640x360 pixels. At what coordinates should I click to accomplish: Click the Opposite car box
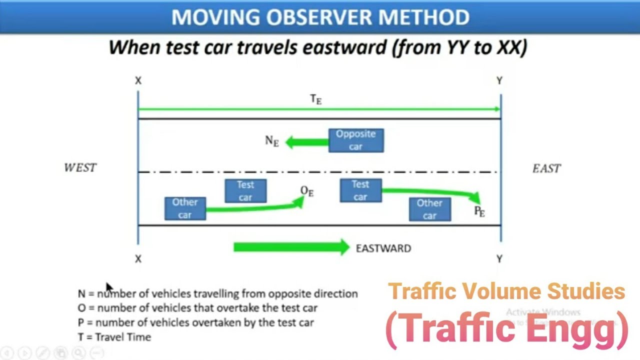pyautogui.click(x=356, y=140)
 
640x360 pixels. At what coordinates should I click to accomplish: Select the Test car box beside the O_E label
pyautogui.click(x=245, y=191)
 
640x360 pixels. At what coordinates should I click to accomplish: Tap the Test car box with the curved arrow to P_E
pyautogui.click(x=360, y=190)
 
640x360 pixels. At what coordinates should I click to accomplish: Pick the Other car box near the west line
pyautogui.click(x=185, y=208)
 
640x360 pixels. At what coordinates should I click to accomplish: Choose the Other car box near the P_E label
pyautogui.click(x=429, y=209)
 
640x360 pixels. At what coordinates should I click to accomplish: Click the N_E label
pyautogui.click(x=271, y=141)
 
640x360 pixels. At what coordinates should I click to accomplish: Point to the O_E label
pyautogui.click(x=306, y=191)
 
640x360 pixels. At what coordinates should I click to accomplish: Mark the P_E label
pyautogui.click(x=479, y=212)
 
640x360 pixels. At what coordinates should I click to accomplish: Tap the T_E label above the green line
pyautogui.click(x=315, y=99)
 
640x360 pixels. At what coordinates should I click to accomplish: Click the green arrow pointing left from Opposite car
pyautogui.click(x=306, y=142)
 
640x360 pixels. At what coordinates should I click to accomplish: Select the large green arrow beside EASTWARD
pyautogui.click(x=291, y=247)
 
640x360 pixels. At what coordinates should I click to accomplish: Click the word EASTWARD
pyautogui.click(x=383, y=248)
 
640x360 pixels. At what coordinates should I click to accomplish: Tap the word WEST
pyautogui.click(x=80, y=168)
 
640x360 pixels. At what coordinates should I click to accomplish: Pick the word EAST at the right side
pyautogui.click(x=546, y=168)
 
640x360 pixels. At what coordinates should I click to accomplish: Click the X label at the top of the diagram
pyautogui.click(x=138, y=80)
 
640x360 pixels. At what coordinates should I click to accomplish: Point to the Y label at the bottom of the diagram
pyautogui.click(x=499, y=258)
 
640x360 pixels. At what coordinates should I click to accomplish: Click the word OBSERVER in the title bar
pyautogui.click(x=320, y=17)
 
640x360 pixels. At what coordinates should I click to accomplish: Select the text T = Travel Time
pyautogui.click(x=114, y=337)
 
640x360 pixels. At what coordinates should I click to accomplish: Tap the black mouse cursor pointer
pyautogui.click(x=109, y=288)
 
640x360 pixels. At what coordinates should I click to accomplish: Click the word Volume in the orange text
pyautogui.click(x=507, y=291)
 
